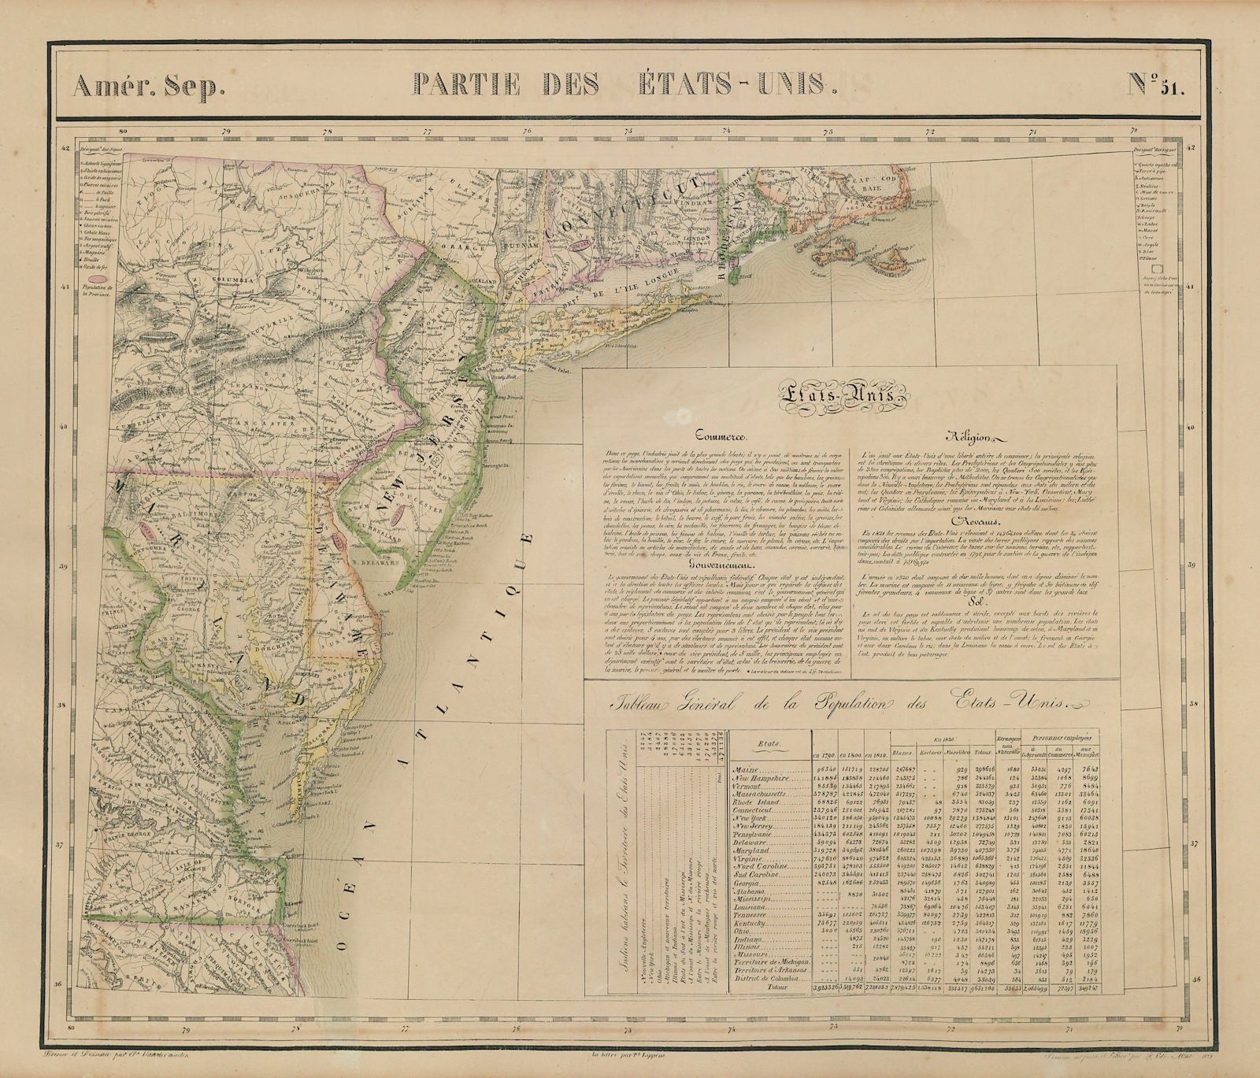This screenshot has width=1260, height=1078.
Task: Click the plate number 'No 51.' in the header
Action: [1155, 83]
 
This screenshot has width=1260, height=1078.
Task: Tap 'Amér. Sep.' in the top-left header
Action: [150, 85]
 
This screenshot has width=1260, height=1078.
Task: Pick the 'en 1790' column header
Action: [827, 754]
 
